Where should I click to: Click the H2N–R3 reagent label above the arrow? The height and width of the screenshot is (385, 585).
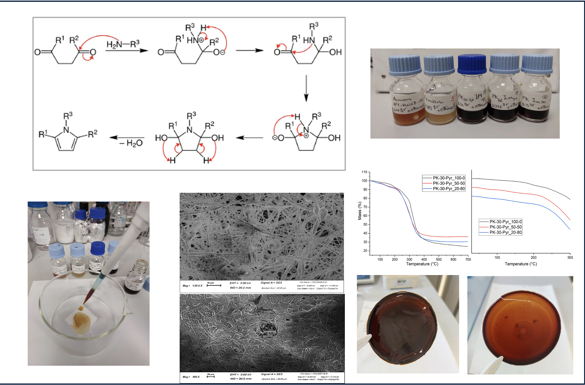[x=123, y=44]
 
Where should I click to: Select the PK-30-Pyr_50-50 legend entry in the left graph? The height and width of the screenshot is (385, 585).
[x=448, y=183]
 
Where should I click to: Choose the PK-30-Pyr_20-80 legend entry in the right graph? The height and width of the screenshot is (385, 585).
[x=505, y=232]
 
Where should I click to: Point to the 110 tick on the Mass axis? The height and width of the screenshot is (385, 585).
[x=364, y=172]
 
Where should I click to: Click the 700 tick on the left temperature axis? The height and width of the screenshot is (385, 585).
[x=468, y=259]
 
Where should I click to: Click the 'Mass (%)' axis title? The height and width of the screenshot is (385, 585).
[x=360, y=211]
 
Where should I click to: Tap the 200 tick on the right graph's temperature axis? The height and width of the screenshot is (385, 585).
[x=534, y=258]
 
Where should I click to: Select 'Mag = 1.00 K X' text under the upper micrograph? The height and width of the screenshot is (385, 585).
[x=193, y=286]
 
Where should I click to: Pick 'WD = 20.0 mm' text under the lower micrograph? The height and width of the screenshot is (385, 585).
[x=241, y=379]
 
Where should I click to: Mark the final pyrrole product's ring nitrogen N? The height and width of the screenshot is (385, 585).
[x=66, y=130]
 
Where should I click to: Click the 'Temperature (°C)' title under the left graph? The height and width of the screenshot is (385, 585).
[x=422, y=264]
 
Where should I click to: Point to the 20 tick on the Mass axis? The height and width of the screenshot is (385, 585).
[x=365, y=251]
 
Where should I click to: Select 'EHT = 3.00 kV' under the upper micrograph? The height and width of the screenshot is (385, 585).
[x=240, y=283]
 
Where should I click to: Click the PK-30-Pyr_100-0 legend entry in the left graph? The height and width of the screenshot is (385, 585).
[x=448, y=178]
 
